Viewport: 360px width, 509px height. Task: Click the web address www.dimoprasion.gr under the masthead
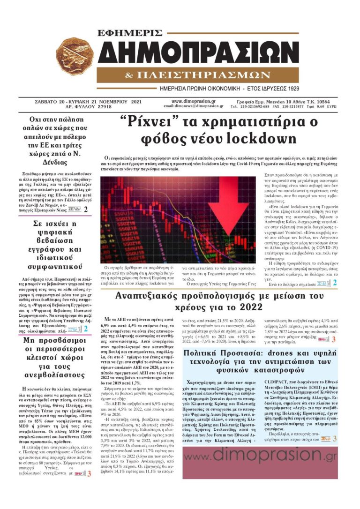(194, 101)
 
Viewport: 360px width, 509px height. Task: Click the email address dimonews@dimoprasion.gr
(194, 106)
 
